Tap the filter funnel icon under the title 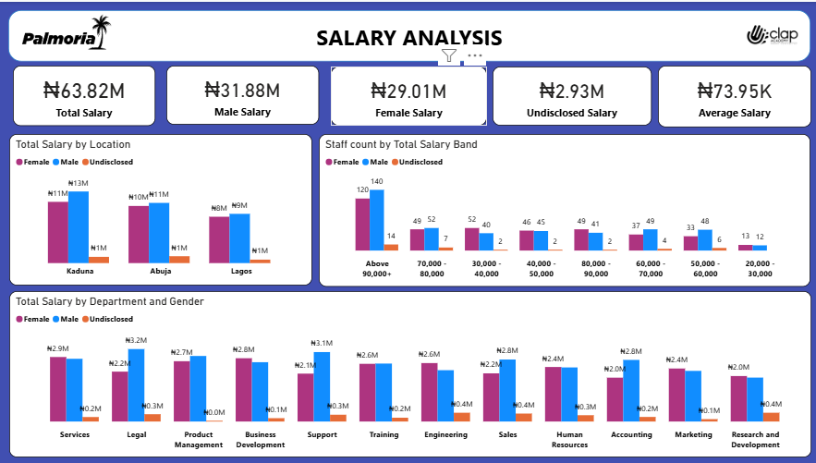pyautogui.click(x=449, y=55)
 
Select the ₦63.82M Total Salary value pyautogui.click(x=84, y=91)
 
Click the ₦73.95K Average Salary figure pyautogui.click(x=735, y=91)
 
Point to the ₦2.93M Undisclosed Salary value pyautogui.click(x=571, y=91)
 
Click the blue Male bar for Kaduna pyautogui.click(x=79, y=226)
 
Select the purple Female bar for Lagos pyautogui.click(x=219, y=239)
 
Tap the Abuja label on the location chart pyautogui.click(x=160, y=272)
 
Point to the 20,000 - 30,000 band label pyautogui.click(x=760, y=268)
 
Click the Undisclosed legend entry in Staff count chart pyautogui.click(x=417, y=162)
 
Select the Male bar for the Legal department pyautogui.click(x=136, y=384)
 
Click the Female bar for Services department pyautogui.click(x=57, y=388)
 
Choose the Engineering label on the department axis pyautogui.click(x=445, y=434)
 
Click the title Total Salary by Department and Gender pyautogui.click(x=110, y=301)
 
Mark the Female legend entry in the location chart pyautogui.click(x=32, y=162)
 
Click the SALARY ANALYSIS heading pyautogui.click(x=409, y=38)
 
